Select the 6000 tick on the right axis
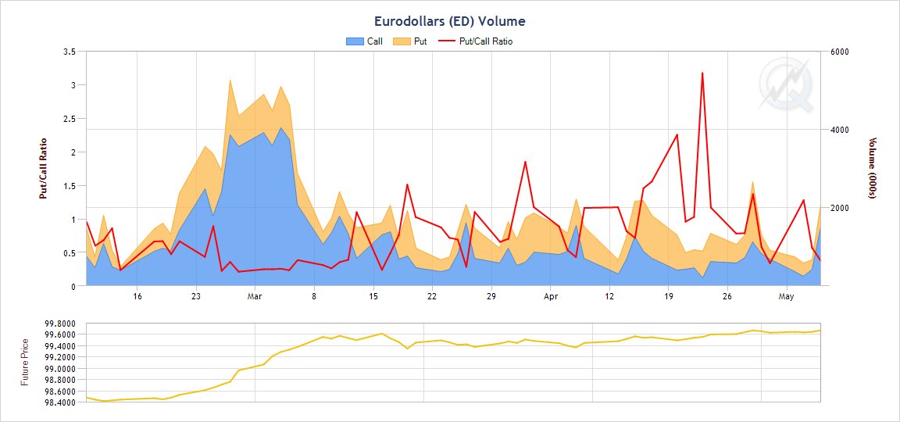click(x=839, y=52)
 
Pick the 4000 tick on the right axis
click(x=839, y=130)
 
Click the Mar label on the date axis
click(x=254, y=297)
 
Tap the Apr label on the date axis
click(x=551, y=297)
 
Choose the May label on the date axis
click(x=787, y=297)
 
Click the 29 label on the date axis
click(x=491, y=297)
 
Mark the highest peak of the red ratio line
click(x=702, y=73)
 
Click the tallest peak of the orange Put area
click(x=230, y=80)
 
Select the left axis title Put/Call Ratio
click(x=44, y=169)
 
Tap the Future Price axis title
click(x=25, y=362)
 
